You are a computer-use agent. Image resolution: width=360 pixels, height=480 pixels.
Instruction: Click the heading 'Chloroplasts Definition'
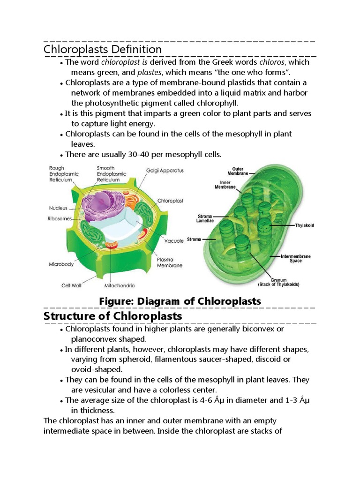103,49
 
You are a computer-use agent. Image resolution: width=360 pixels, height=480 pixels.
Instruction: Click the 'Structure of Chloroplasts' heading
112,316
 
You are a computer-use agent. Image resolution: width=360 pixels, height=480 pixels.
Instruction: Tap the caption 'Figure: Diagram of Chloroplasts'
180,301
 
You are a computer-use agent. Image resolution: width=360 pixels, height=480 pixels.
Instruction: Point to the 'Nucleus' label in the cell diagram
58,208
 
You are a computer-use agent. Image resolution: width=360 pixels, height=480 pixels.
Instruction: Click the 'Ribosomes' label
60,218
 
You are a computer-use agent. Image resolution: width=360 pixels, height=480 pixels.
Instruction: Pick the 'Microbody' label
61,264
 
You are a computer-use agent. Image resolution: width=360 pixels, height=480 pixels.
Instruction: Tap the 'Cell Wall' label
72,285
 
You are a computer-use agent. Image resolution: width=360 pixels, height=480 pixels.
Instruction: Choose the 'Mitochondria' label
120,285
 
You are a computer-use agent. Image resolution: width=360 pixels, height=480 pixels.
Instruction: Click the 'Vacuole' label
173,241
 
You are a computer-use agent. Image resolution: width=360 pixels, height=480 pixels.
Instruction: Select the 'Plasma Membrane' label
170,262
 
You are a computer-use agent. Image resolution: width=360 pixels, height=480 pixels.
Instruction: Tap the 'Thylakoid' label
304,225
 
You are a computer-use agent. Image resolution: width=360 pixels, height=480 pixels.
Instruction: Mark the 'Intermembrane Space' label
295,259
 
